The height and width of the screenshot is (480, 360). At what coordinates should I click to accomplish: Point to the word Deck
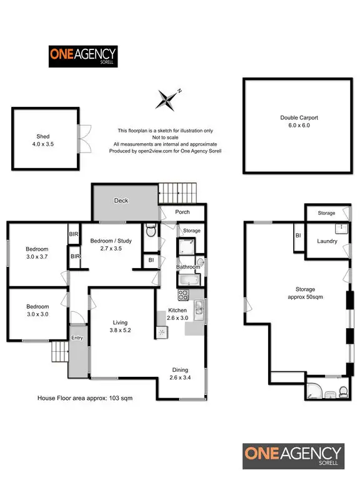point(121,201)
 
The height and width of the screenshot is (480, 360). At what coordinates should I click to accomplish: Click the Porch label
point(182,212)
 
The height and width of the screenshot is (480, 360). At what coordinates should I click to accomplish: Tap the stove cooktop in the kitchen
point(184,294)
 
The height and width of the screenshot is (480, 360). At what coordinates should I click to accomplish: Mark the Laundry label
point(327,241)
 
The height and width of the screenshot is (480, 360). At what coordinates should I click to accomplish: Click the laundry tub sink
point(343,229)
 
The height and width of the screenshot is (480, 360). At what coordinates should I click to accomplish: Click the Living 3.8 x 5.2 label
point(120,325)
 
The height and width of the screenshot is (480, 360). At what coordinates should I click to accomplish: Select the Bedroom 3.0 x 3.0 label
point(37,310)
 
